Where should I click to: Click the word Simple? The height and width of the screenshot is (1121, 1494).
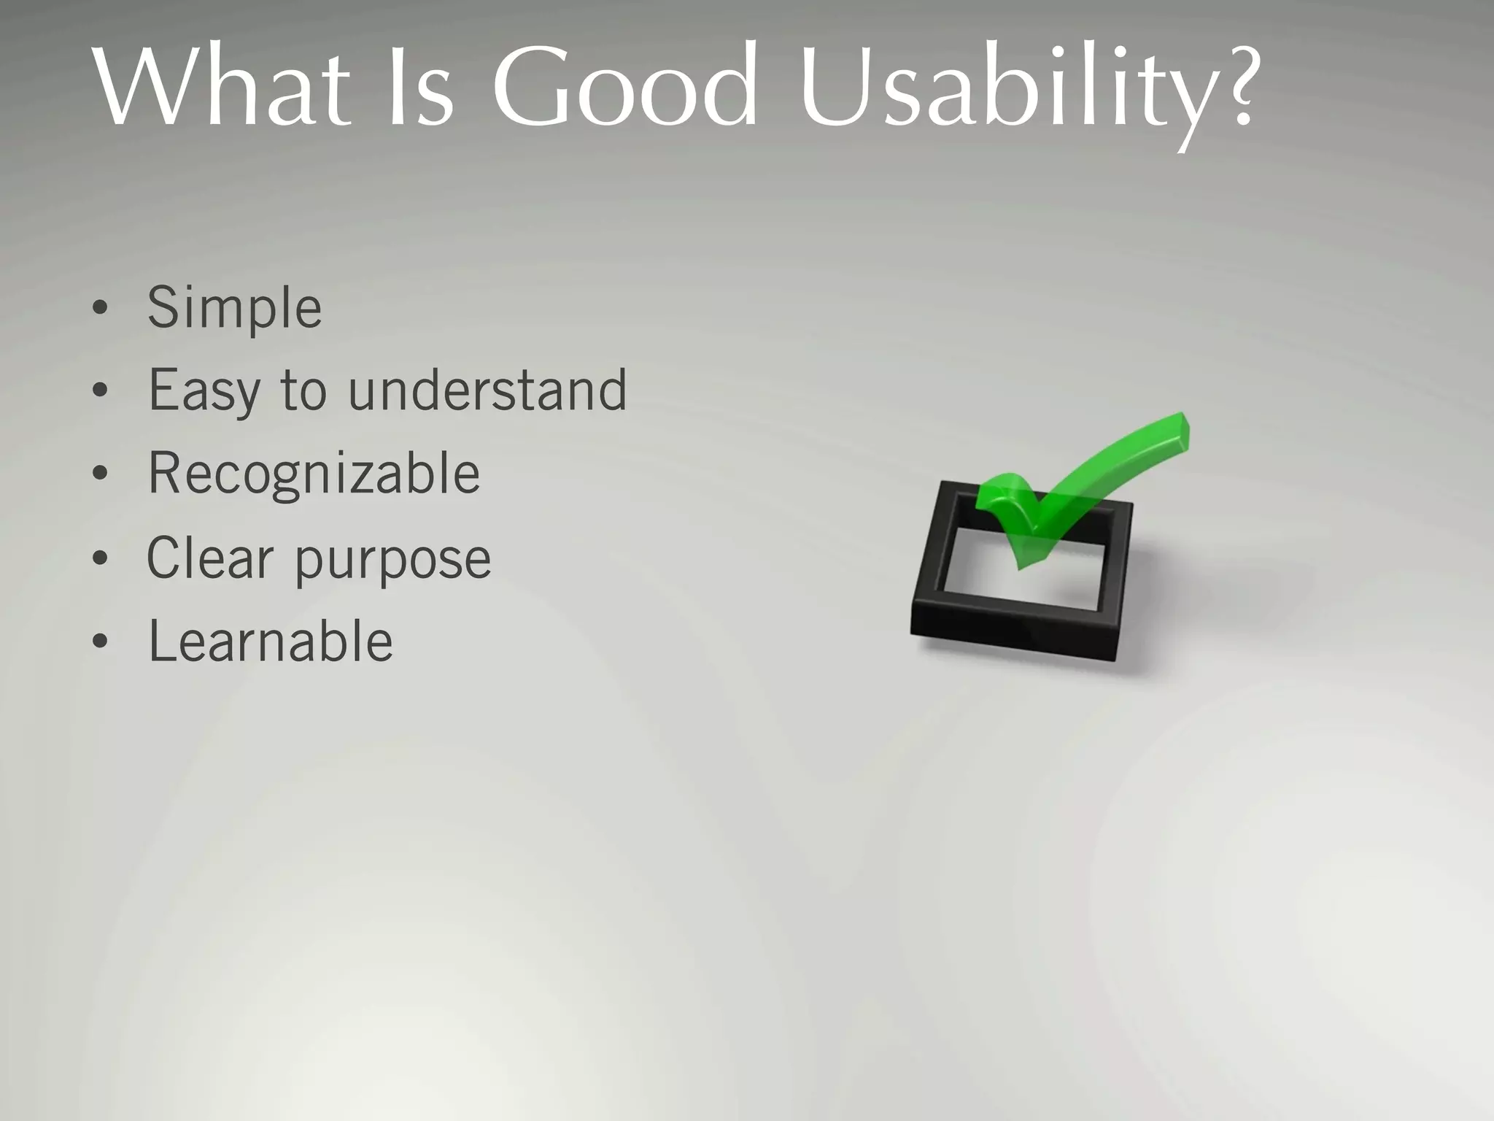(234, 308)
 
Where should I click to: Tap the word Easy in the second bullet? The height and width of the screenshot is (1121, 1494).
(204, 391)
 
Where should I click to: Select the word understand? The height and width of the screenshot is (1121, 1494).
(487, 390)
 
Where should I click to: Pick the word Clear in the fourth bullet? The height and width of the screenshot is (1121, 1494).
(210, 558)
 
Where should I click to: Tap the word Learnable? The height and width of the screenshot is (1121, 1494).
(270, 642)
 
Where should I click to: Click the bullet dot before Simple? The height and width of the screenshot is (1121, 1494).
(101, 309)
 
